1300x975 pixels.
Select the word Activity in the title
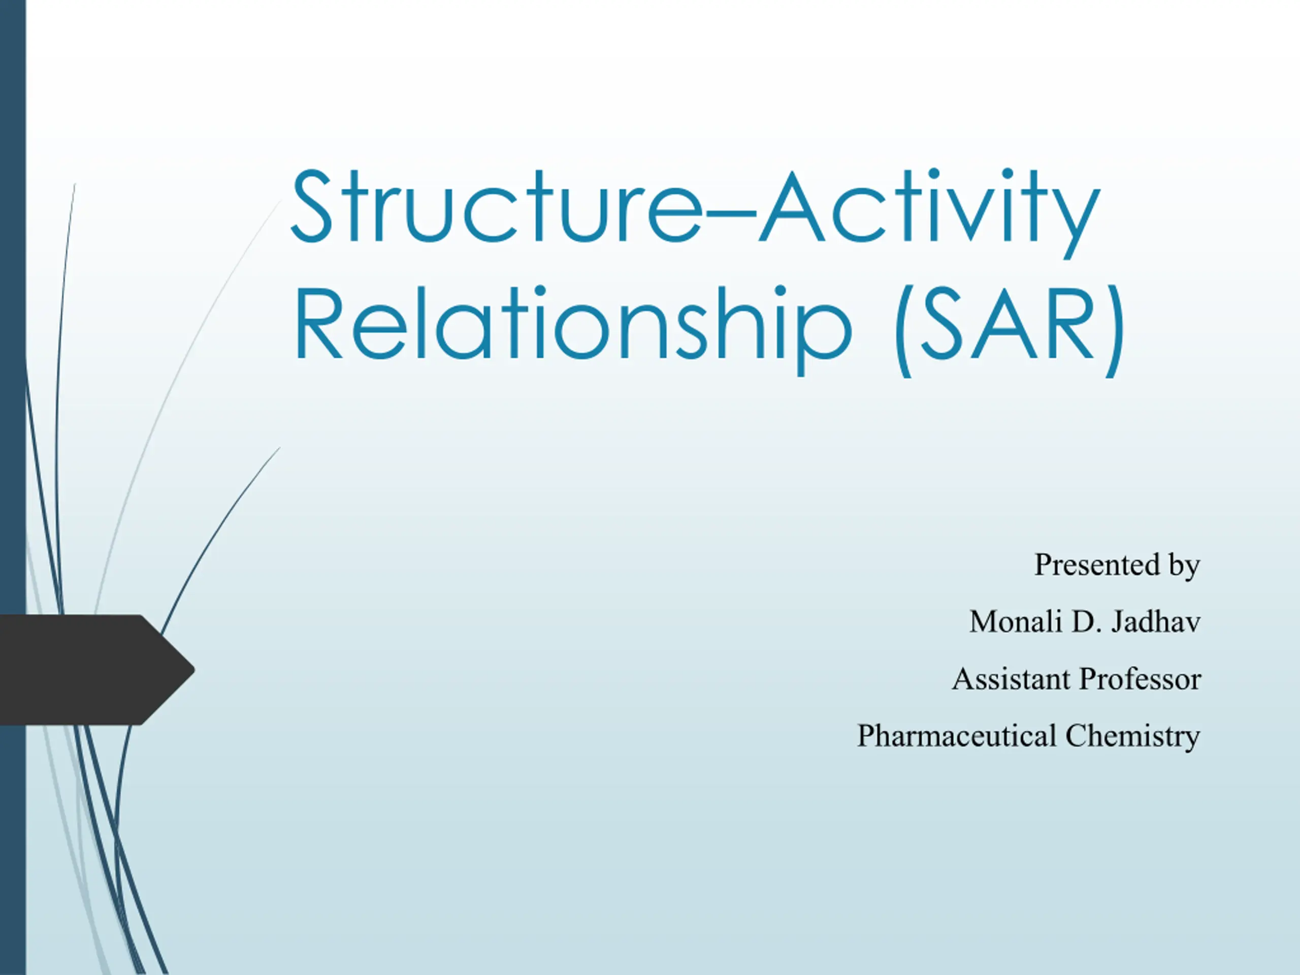click(x=929, y=213)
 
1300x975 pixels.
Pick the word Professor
click(x=1141, y=679)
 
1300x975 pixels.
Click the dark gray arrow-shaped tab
click(x=94, y=669)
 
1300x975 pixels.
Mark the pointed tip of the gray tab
click(x=194, y=669)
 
